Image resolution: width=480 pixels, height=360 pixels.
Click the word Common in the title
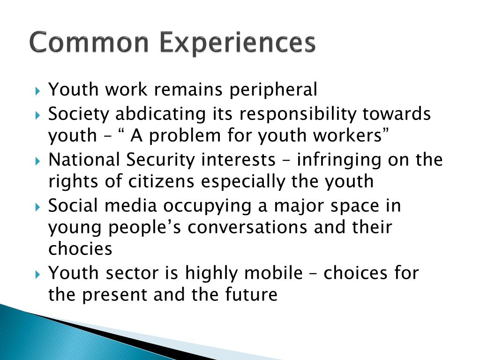click(90, 43)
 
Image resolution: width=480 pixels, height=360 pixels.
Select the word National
click(85, 159)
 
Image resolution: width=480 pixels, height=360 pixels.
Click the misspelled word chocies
click(80, 249)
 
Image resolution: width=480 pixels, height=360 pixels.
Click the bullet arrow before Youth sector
click(38, 273)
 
